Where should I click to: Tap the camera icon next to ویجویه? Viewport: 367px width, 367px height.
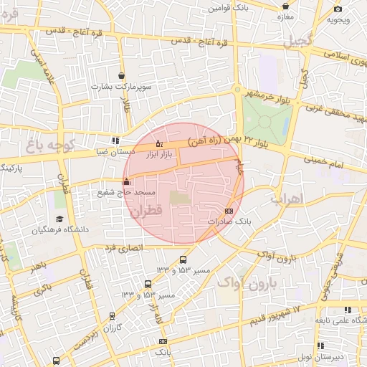click(x=338, y=9)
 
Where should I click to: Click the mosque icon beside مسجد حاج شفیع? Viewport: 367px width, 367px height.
click(x=127, y=182)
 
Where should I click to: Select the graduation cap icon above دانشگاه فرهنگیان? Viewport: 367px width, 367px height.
click(x=59, y=219)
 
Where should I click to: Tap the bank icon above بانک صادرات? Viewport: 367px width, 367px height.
click(x=229, y=211)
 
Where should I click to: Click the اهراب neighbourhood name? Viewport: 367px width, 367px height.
click(x=289, y=198)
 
